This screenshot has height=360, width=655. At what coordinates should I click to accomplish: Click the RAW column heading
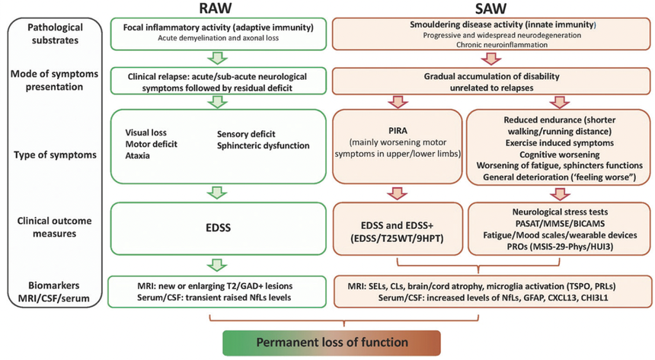[x=217, y=9]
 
